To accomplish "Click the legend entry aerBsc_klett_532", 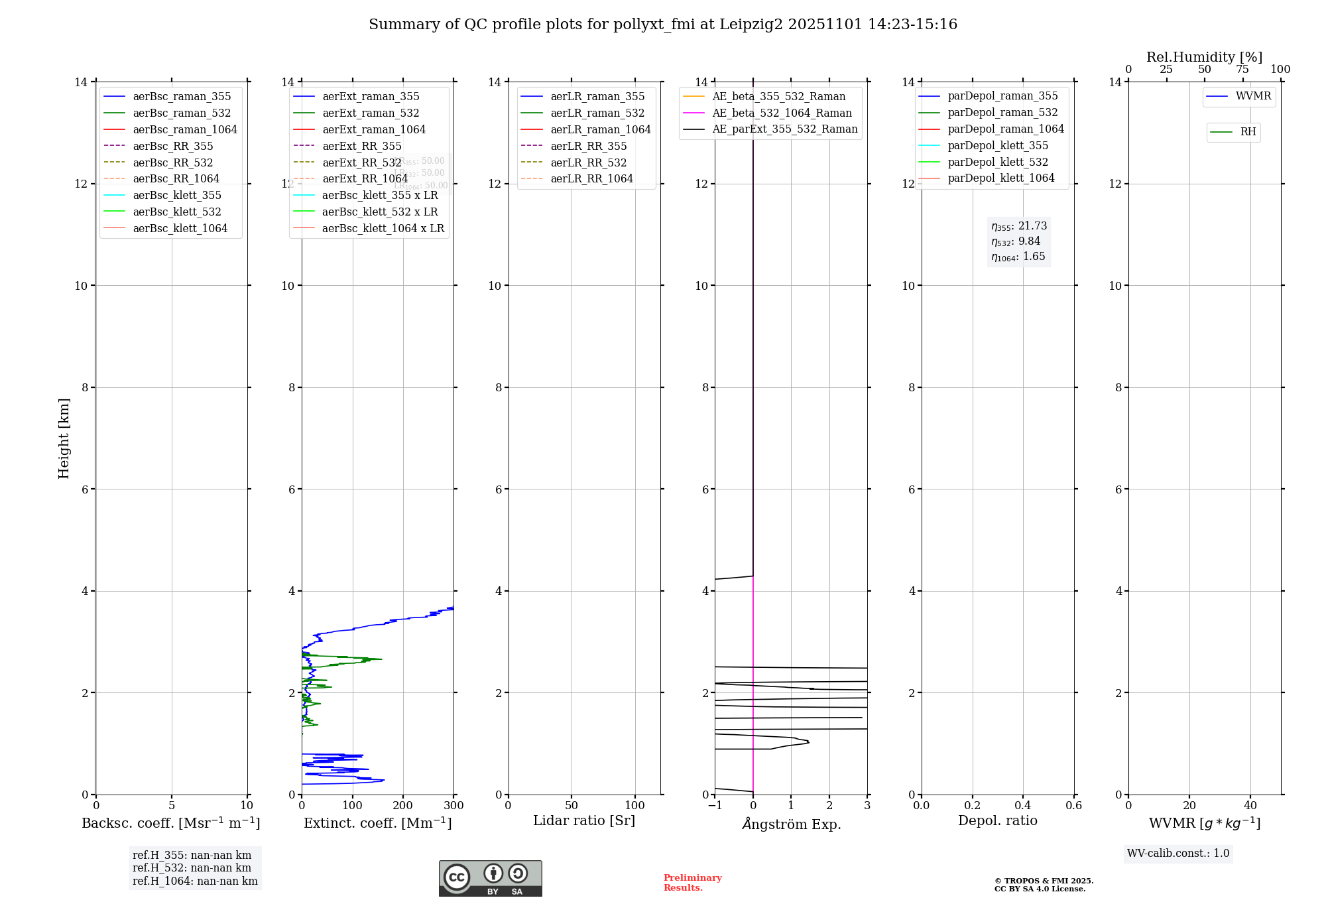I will point(177,212).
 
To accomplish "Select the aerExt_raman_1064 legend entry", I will point(374,129).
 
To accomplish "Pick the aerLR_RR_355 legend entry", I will point(588,146).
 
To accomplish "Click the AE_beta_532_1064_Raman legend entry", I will point(782,113).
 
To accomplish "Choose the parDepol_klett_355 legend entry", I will point(998,145).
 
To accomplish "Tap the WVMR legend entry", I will point(1253,96).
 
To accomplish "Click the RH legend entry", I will point(1248,132).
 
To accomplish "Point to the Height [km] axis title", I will point(64,438).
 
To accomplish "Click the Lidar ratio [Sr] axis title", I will point(584,820).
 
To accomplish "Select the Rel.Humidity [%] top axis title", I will point(1204,57).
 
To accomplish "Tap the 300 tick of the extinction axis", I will point(454,806).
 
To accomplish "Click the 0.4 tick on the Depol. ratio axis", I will point(1023,806).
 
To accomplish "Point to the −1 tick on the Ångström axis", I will point(715,806).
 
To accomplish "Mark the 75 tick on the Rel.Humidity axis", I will point(1242,70).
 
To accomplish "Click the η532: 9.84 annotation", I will point(1016,241).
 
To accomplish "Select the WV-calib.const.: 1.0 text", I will point(1178,854).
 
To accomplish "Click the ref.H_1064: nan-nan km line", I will point(195,881).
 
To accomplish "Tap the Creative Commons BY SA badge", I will point(490,879).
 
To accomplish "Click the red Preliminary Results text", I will point(692,883).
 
